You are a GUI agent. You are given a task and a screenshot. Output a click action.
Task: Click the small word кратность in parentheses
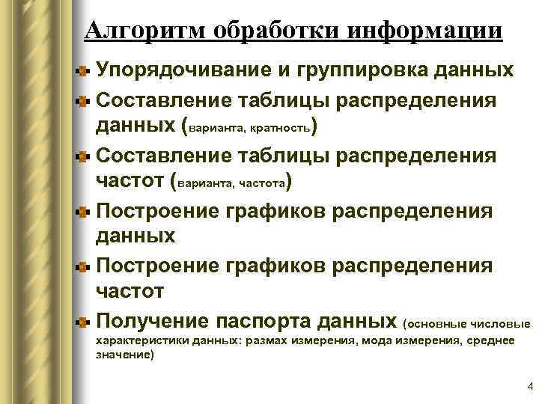281,128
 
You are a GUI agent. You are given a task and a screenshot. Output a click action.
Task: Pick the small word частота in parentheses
258,184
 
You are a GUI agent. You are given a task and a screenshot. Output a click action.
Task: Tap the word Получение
153,322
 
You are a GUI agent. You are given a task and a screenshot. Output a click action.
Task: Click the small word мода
375,341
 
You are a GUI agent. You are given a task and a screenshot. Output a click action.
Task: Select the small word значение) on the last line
125,355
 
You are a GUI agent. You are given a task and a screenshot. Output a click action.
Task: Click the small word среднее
491,341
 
